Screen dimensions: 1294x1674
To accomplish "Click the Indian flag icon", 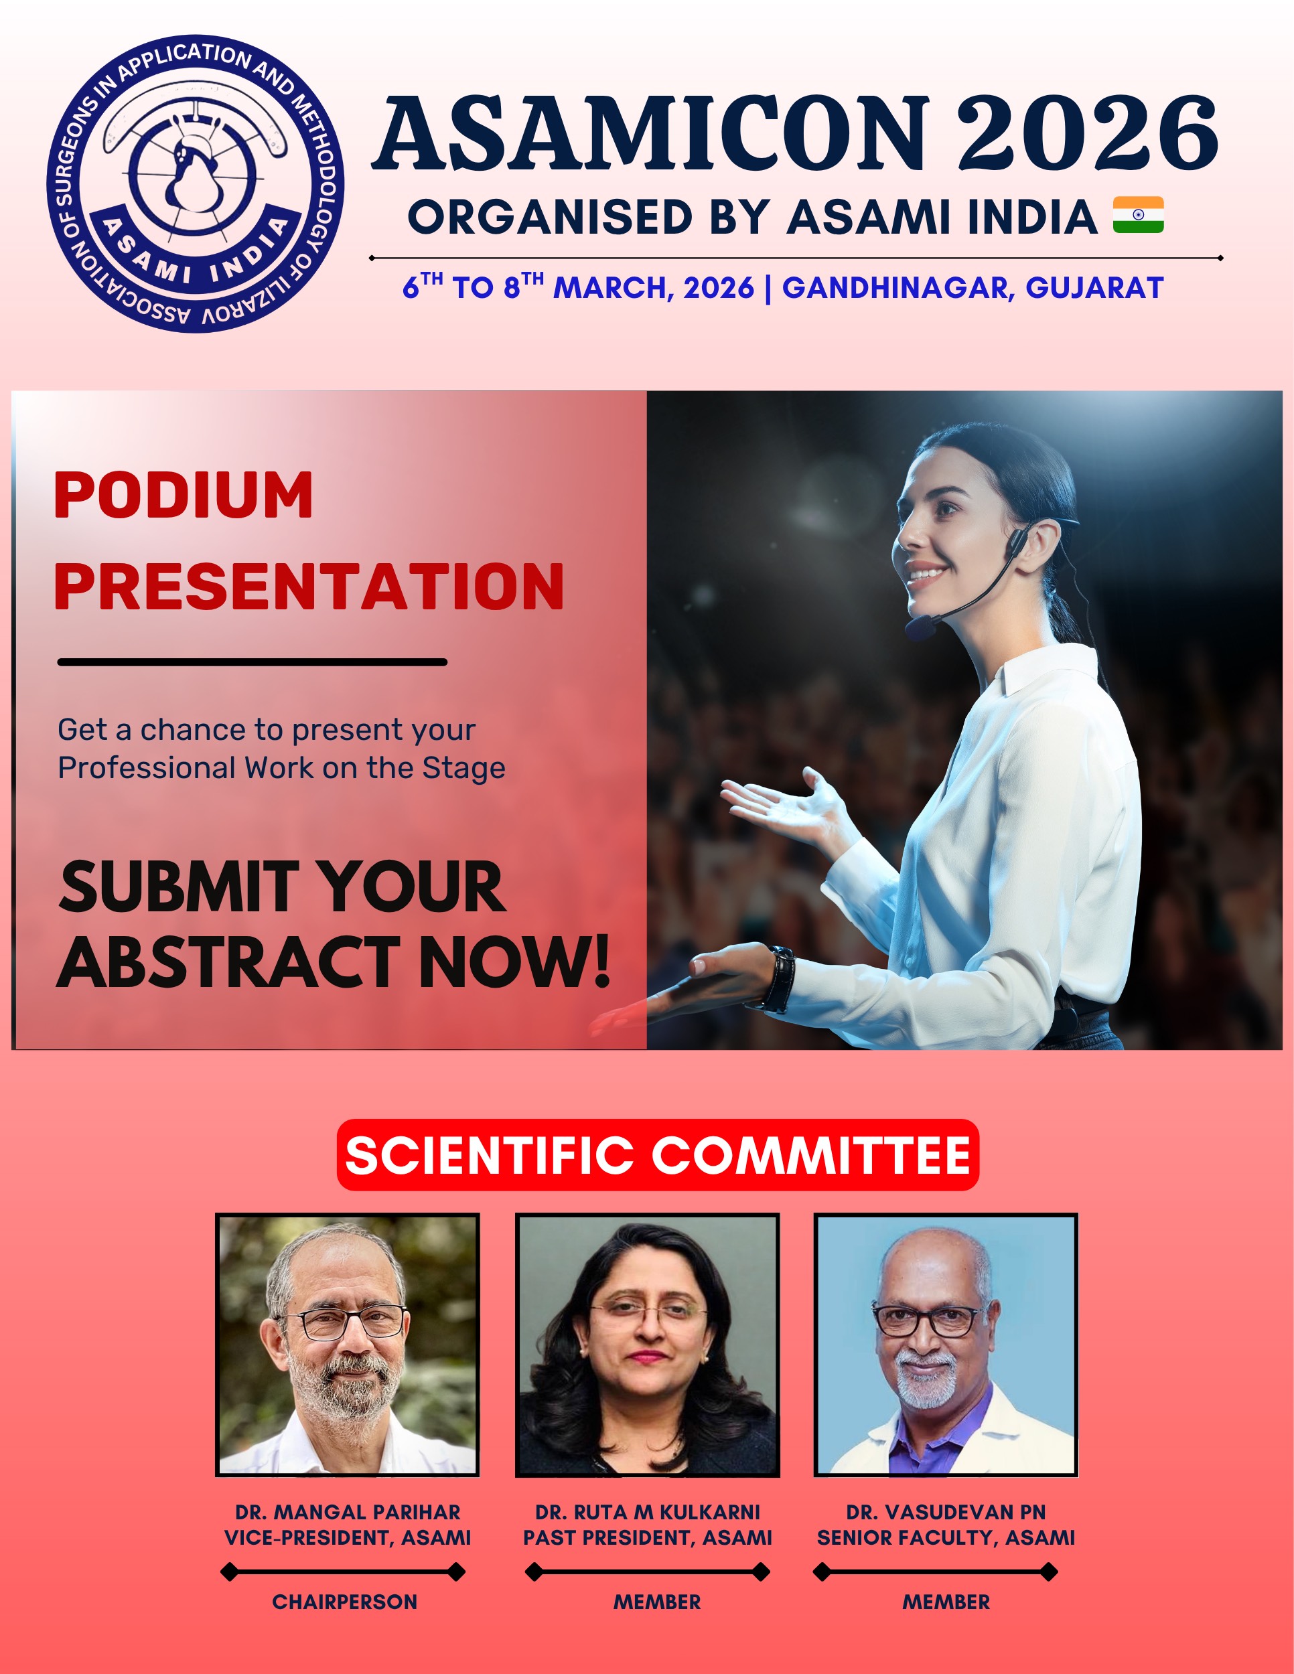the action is click(1139, 215).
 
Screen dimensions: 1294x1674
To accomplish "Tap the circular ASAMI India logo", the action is click(196, 184).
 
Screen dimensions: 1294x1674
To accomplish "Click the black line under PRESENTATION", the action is click(253, 662).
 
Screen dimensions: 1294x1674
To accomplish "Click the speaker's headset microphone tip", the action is click(920, 629).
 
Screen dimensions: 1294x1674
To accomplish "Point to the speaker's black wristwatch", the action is click(780, 980).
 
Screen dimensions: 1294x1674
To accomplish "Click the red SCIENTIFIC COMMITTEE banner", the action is click(658, 1155).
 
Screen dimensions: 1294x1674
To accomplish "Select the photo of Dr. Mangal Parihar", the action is click(347, 1345).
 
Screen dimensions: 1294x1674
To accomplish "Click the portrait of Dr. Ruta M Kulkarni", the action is click(647, 1345).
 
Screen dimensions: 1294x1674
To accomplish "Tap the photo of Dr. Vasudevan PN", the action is click(946, 1345).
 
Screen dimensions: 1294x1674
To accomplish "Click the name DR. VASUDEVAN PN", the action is click(946, 1512).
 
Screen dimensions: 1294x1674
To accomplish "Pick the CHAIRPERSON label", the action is click(345, 1602).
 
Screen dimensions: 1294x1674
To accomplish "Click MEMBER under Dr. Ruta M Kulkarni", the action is click(657, 1602).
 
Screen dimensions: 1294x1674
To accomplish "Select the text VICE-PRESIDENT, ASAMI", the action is click(347, 1537).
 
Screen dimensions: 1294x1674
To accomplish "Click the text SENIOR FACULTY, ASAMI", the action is click(946, 1537).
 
